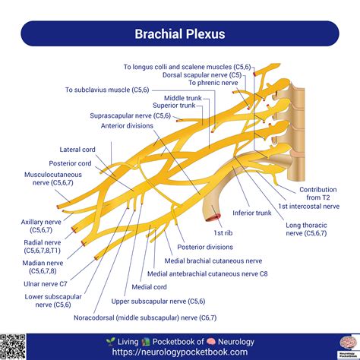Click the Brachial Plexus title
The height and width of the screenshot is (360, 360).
click(x=180, y=34)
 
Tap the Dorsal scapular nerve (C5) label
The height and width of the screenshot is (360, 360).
click(x=204, y=74)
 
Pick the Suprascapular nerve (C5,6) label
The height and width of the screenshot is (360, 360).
click(x=131, y=115)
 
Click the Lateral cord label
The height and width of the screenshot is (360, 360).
click(x=77, y=150)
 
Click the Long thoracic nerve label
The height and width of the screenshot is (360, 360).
click(x=308, y=229)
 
